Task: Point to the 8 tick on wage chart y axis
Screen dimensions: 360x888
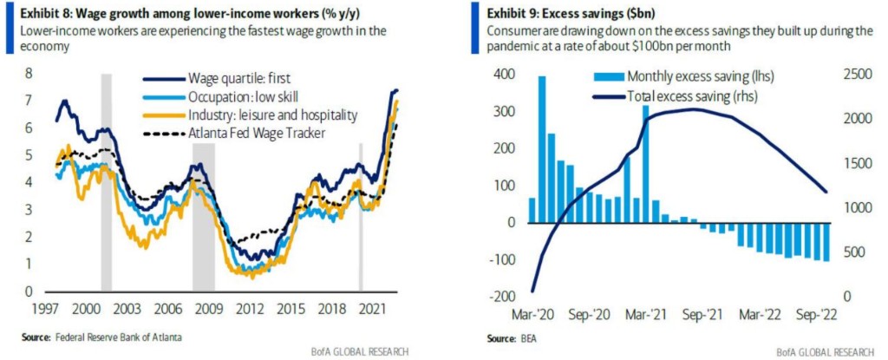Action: pyautogui.click(x=30, y=73)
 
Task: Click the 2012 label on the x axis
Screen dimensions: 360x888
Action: pyautogui.click(x=251, y=309)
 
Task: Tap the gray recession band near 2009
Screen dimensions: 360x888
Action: pyautogui.click(x=204, y=217)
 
